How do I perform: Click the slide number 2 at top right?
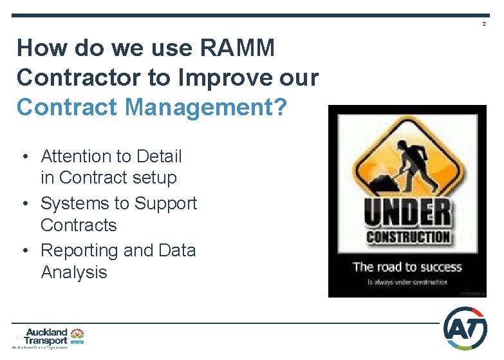pos(484,24)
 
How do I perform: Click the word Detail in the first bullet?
pos(159,156)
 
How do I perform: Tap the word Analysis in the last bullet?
pos(73,272)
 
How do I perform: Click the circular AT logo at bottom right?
pos(465,328)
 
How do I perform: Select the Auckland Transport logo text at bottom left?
pos(46,337)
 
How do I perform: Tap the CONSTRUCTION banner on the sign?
pos(407,236)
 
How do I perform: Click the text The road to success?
pos(407,267)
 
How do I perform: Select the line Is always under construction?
pos(407,282)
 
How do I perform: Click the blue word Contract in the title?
pos(61,107)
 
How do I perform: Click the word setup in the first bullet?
pos(154,177)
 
